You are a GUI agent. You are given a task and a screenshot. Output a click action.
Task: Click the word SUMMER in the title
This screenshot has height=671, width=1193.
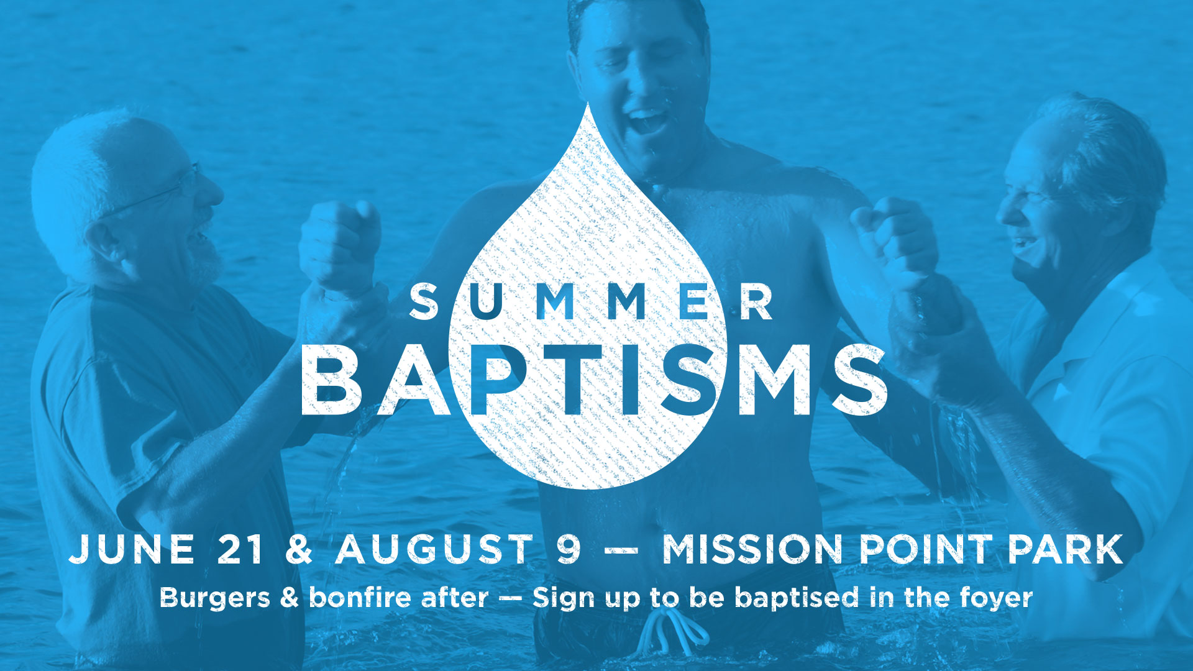tap(591, 302)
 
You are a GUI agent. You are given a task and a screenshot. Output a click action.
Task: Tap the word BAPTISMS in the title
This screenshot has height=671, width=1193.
tap(594, 380)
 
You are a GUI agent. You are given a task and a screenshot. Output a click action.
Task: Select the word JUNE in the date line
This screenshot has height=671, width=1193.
tap(132, 549)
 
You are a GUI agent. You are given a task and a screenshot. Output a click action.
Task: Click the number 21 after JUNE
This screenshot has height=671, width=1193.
tap(240, 549)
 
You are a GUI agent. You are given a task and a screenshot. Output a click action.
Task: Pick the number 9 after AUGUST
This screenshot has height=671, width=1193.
tap(569, 549)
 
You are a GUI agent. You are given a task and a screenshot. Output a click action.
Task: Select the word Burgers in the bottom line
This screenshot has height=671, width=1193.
tap(214, 598)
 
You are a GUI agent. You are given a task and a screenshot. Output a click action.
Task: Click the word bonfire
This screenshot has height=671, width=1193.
tap(360, 597)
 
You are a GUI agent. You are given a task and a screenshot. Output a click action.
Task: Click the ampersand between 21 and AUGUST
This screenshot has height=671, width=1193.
tap(299, 549)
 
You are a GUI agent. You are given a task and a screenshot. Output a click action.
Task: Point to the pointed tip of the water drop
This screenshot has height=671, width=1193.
tap(588, 103)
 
